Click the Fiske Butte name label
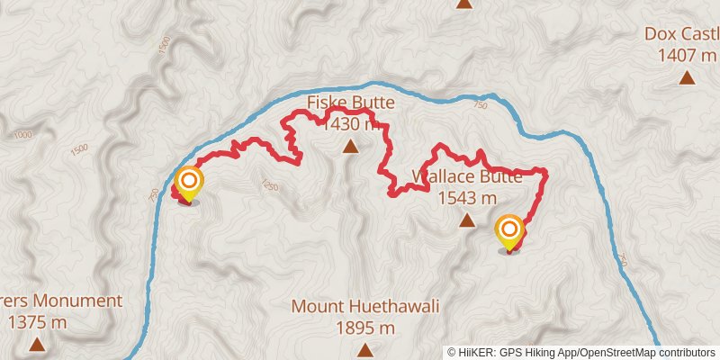[350, 103]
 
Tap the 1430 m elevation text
[350, 124]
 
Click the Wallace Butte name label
[466, 176]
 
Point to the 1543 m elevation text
[466, 198]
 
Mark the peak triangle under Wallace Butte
[466, 220]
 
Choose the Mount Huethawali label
[364, 307]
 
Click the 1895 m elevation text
[364, 328]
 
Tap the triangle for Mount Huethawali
[364, 349]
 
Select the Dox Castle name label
[681, 34]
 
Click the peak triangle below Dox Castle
[687, 78]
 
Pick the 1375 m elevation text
[37, 321]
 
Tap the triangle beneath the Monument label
[37, 344]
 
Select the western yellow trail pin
[189, 183]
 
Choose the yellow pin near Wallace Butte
[509, 230]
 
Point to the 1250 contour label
[267, 185]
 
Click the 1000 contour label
[23, 135]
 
